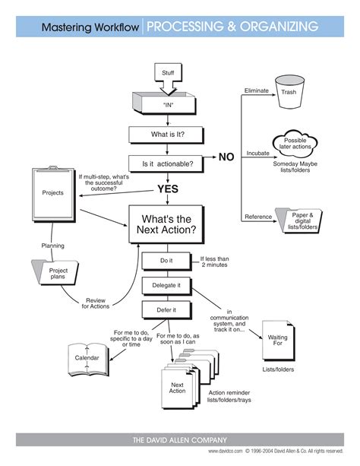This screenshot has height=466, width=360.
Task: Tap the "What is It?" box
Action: pyautogui.click(x=167, y=135)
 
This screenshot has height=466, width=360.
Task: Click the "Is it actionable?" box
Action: pyautogui.click(x=167, y=163)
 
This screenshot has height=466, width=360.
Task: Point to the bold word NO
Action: pyautogui.click(x=227, y=157)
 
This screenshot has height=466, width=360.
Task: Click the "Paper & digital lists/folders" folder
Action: pyautogui.click(x=300, y=220)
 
